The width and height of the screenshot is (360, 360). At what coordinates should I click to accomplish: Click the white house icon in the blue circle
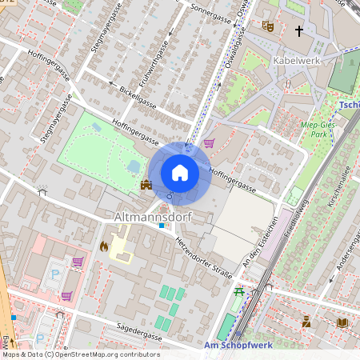[180, 172]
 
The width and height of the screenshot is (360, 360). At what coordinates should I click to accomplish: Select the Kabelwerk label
[297, 61]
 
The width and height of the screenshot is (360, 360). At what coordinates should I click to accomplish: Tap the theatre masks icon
[268, 26]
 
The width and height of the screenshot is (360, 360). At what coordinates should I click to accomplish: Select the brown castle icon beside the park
[146, 186]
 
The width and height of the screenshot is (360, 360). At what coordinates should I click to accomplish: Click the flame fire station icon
[103, 246]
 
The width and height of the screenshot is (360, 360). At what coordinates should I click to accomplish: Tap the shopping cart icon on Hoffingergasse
[209, 143]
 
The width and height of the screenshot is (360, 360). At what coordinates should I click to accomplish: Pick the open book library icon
[342, 322]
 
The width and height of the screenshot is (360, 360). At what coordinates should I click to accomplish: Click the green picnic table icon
[238, 293]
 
